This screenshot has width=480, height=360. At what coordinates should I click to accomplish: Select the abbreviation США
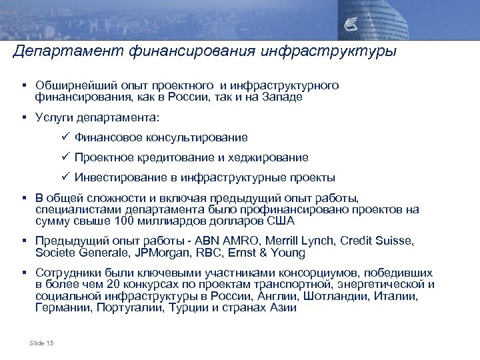click(281, 221)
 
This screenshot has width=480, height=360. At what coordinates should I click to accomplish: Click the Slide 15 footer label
click(42, 343)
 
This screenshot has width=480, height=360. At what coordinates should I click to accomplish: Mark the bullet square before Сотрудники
click(25, 273)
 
